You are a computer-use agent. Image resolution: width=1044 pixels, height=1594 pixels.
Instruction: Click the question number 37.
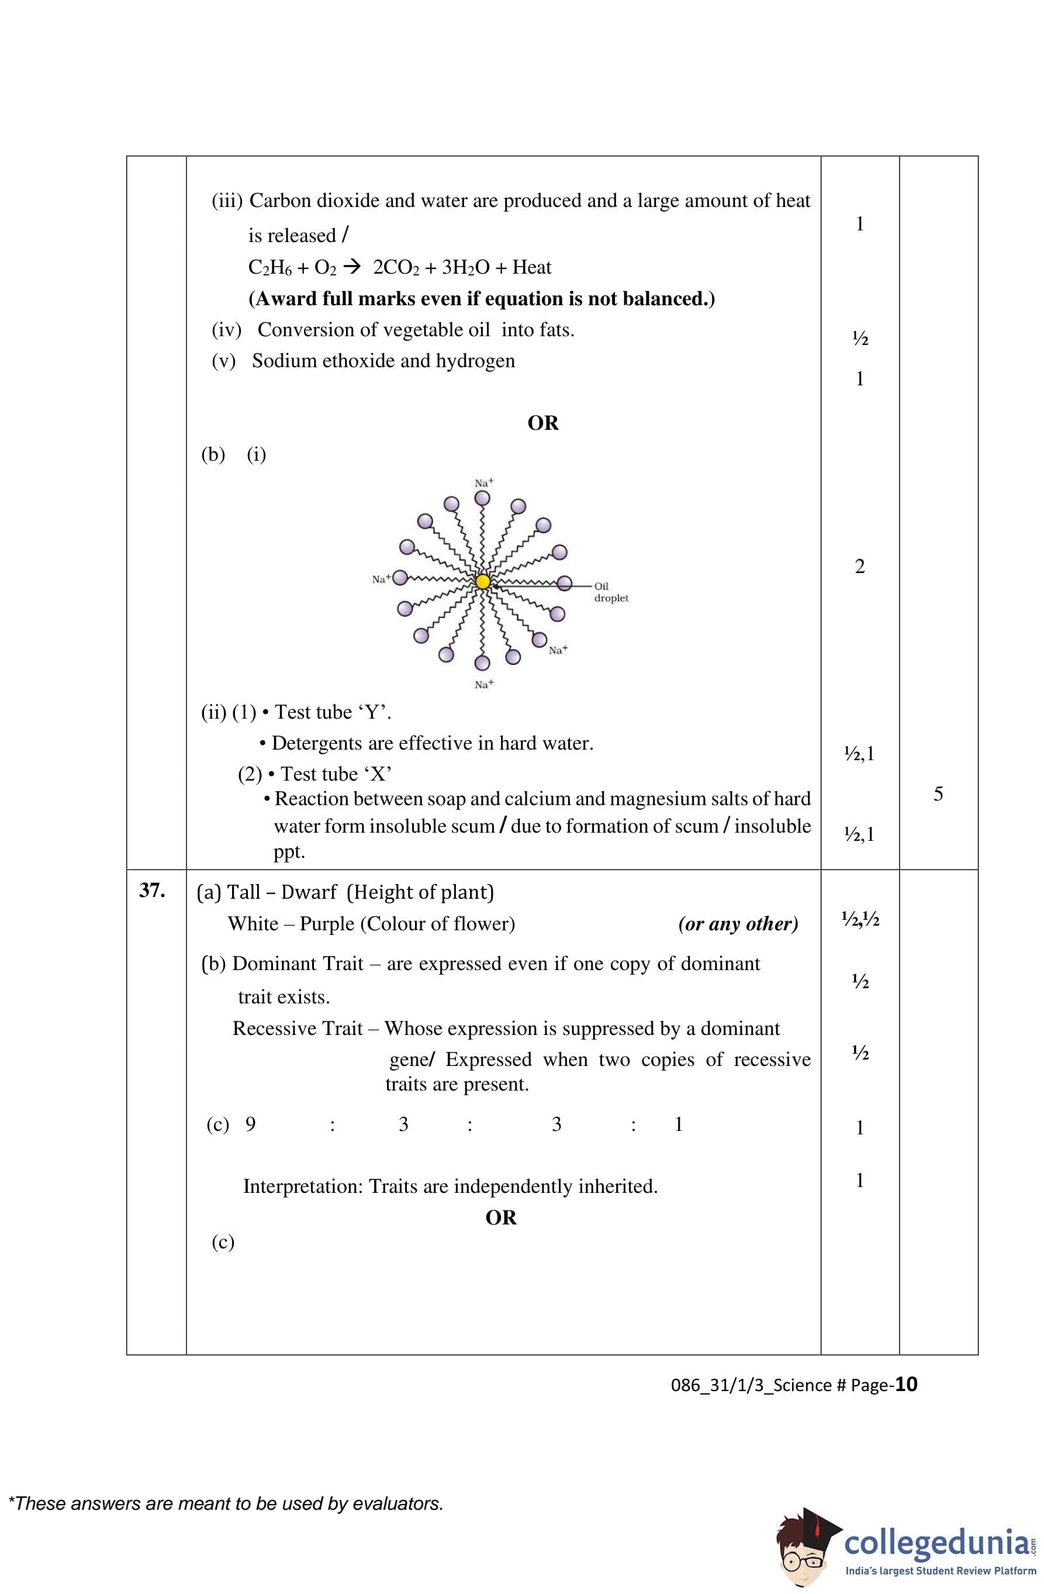pos(152,890)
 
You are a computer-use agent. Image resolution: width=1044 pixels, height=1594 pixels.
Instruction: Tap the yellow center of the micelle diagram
pos(483,582)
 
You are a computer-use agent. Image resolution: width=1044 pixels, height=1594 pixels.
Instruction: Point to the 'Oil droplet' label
pos(611,592)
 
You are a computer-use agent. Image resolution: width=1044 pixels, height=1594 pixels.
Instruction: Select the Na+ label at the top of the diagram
pos(483,482)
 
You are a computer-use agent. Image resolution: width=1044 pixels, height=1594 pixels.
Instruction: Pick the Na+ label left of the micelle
pos(381,579)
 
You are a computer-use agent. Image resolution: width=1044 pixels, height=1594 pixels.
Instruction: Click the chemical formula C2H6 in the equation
pos(269,267)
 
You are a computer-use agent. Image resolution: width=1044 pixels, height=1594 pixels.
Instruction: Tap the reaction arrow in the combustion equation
pos(351,267)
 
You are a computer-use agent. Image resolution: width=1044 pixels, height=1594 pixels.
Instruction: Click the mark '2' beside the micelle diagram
pos(859,567)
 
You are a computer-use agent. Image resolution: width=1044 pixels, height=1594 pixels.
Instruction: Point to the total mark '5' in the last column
pos(938,793)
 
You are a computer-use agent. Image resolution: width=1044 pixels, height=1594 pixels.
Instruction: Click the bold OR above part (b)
pos(542,423)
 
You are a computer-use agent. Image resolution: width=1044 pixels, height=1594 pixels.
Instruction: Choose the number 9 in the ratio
pos(250,1124)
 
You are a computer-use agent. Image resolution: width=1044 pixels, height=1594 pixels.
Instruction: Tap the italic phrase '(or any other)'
pos(737,924)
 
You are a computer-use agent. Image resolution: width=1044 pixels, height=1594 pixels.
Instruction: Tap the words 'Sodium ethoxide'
pos(325,360)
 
